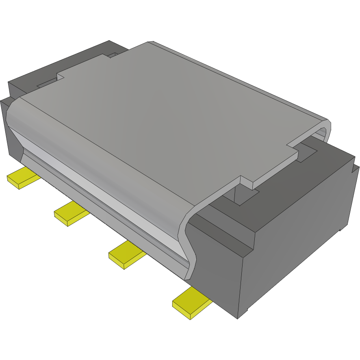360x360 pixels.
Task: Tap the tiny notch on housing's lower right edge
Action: click(x=340, y=230)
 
